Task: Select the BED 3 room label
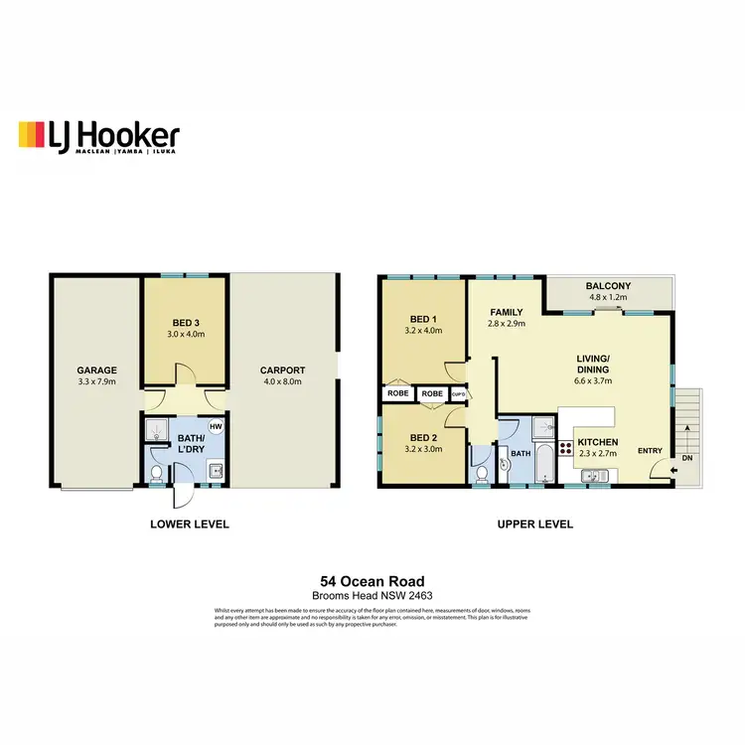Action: point(186,323)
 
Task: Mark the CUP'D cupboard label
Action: point(458,394)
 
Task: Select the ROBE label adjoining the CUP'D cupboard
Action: point(431,394)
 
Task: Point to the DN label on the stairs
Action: point(688,459)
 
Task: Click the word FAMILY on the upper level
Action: point(507,311)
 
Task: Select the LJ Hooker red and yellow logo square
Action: point(32,136)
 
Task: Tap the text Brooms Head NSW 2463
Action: point(372,595)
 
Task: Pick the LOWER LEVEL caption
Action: point(190,523)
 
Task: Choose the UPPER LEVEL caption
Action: point(534,523)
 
